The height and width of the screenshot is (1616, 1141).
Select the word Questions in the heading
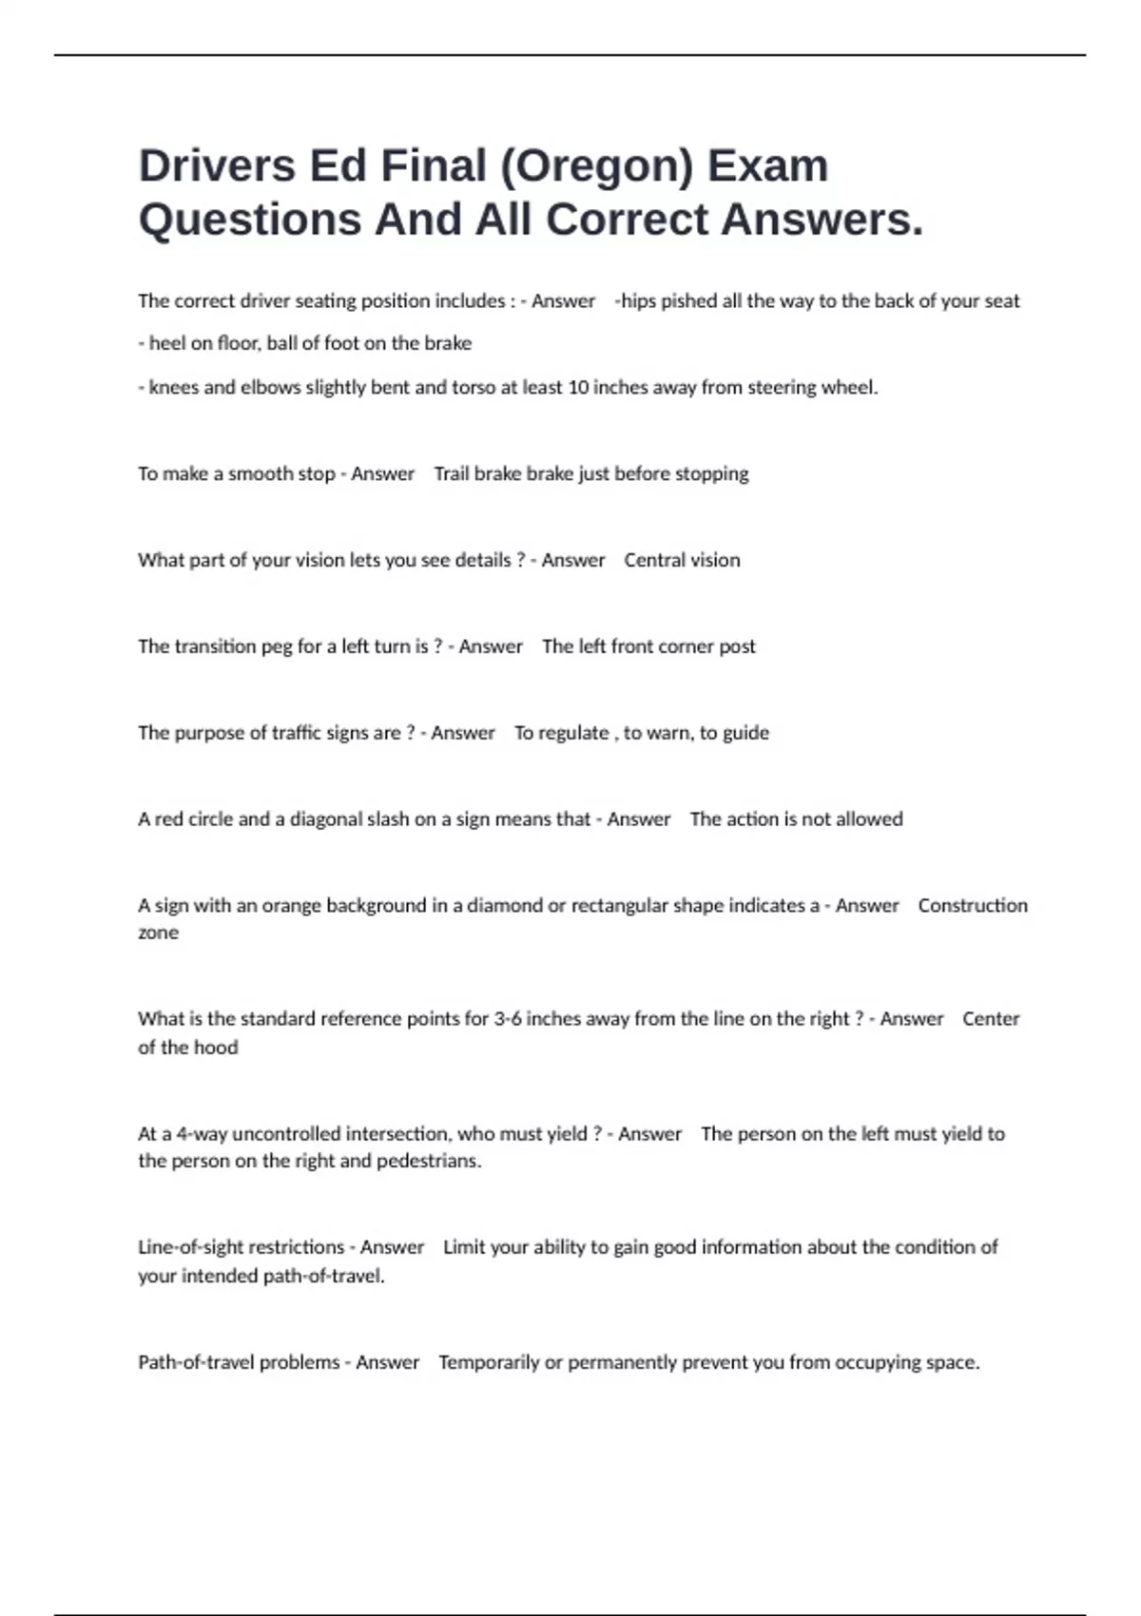pos(250,221)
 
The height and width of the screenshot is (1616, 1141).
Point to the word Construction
pos(973,906)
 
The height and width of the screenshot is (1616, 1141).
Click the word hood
pos(216,1048)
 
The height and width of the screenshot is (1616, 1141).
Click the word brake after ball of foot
pos(447,343)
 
